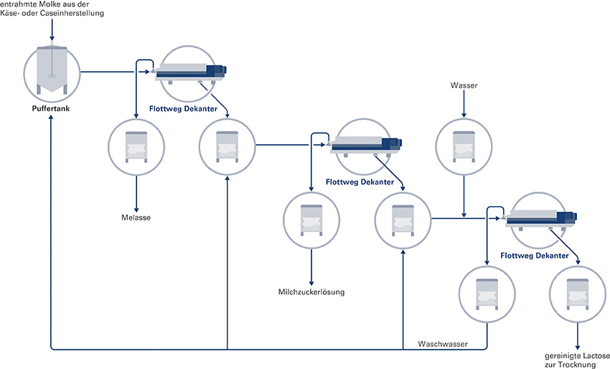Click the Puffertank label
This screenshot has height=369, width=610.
[x=52, y=109]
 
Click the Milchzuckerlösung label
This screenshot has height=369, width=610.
[x=311, y=291]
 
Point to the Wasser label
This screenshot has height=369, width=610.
[x=464, y=86]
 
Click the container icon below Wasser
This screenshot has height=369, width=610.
[x=464, y=147]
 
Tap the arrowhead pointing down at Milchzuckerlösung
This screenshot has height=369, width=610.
[x=311, y=280]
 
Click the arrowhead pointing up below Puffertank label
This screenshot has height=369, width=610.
[x=52, y=119]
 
